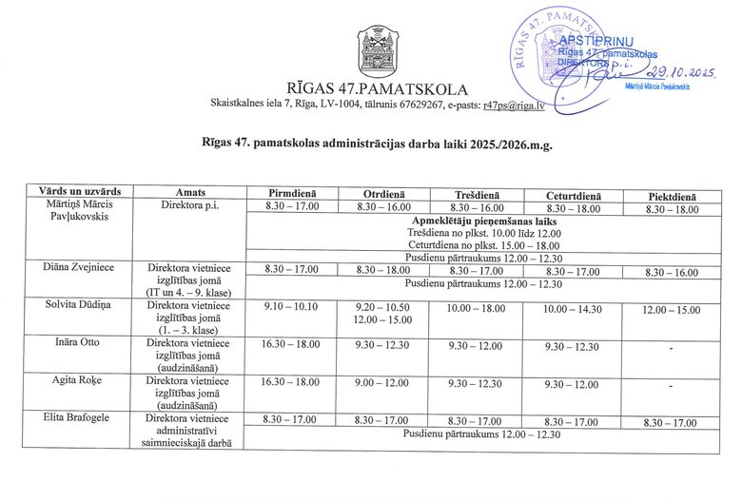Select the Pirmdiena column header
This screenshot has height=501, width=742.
click(292, 194)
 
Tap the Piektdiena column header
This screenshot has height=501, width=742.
click(672, 196)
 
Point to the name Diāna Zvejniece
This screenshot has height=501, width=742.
click(80, 268)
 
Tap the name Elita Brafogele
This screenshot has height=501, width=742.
click(80, 417)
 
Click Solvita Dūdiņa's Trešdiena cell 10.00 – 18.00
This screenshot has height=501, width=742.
click(476, 309)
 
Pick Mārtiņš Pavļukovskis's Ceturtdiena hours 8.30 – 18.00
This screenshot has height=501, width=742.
click(572, 208)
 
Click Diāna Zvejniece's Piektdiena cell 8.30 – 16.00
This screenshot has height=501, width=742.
click(672, 272)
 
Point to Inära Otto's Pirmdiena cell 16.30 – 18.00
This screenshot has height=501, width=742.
click(292, 346)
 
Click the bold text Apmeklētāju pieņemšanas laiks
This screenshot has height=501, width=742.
click(485, 222)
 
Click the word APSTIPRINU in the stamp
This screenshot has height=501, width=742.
click(591, 42)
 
